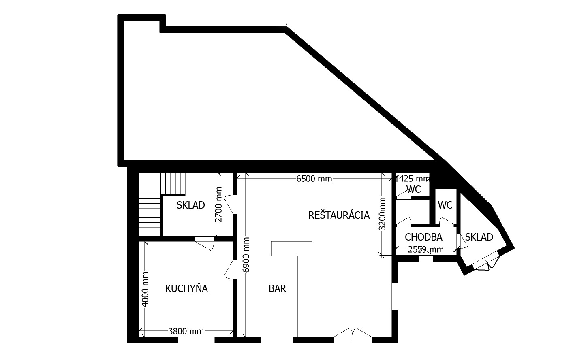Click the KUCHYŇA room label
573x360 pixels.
[x=186, y=288]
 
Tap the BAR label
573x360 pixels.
[x=277, y=288]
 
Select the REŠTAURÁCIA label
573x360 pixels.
[x=339, y=215]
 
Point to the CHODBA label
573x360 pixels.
[x=423, y=237]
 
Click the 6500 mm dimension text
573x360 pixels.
[x=314, y=179]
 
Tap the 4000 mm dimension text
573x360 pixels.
[x=145, y=289]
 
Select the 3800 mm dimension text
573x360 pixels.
[x=186, y=332]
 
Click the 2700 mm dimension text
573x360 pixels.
[x=218, y=204]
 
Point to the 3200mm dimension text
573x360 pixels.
[x=382, y=214]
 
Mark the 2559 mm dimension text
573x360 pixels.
[x=425, y=249]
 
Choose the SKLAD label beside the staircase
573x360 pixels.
[x=190, y=205]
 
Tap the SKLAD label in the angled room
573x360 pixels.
[x=479, y=237]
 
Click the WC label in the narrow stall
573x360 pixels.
[x=445, y=205]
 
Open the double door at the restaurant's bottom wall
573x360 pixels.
[x=353, y=335]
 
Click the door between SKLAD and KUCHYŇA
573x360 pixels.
[x=204, y=243]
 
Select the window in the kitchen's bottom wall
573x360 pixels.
[x=196, y=340]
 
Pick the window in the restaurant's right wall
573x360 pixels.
[x=395, y=296]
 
